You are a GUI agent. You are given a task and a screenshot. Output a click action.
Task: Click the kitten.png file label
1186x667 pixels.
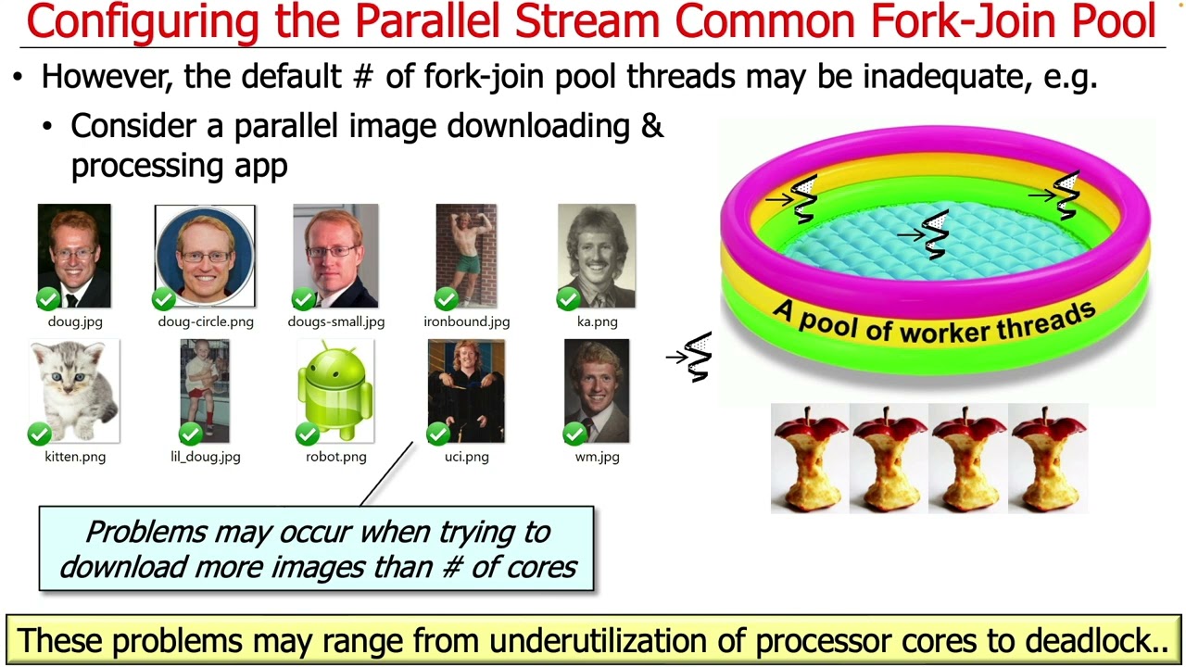pyautogui.click(x=75, y=457)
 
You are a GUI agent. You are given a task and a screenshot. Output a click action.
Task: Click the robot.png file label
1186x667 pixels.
pyautogui.click(x=335, y=457)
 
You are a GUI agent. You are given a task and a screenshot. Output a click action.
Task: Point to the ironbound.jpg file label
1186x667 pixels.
pyautogui.click(x=466, y=321)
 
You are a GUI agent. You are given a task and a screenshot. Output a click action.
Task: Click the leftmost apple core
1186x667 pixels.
pyautogui.click(x=809, y=458)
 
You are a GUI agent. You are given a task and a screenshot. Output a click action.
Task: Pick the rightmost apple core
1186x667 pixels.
pyautogui.click(x=1047, y=458)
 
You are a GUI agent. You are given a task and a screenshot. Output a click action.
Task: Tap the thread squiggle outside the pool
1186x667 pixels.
pyautogui.click(x=693, y=358)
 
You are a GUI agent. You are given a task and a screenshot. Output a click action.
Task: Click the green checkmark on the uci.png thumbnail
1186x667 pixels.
pyautogui.click(x=438, y=433)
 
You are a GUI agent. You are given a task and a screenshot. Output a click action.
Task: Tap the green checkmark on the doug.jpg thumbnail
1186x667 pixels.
pyautogui.click(x=48, y=298)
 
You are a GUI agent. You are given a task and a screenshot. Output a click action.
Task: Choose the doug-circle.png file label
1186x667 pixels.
pyautogui.click(x=205, y=321)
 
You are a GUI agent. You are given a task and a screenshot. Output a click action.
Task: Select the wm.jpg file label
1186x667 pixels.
pyautogui.click(x=597, y=457)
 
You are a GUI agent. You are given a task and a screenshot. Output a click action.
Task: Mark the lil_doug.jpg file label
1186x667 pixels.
pyautogui.click(x=205, y=457)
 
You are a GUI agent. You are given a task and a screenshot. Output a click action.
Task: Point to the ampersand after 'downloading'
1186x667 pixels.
pyautogui.click(x=652, y=125)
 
